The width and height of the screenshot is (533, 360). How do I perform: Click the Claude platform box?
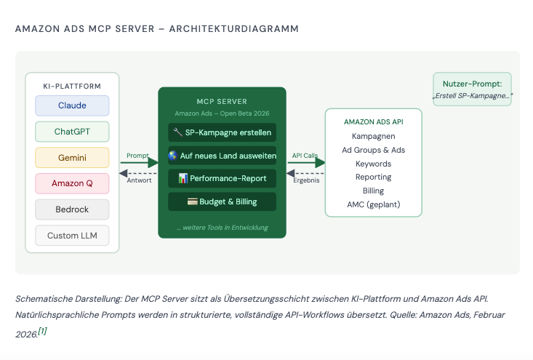[x=72, y=105]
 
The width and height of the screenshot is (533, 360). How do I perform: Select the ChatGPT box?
[x=72, y=132]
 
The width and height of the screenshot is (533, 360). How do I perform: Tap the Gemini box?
[x=72, y=158]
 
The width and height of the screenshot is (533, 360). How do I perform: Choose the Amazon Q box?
[x=72, y=183]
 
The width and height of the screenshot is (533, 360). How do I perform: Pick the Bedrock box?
[x=72, y=209]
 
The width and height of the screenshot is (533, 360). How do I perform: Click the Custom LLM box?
[x=72, y=236]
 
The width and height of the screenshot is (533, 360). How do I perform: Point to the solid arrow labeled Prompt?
[x=140, y=163]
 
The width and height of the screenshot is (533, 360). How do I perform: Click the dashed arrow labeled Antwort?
[x=138, y=174]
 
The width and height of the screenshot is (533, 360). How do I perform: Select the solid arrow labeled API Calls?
[x=306, y=163]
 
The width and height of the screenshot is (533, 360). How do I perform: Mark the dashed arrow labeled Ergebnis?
[x=305, y=174]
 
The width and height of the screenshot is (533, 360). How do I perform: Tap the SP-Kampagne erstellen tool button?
[x=222, y=132]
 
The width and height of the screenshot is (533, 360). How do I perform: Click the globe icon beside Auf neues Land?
[x=173, y=156]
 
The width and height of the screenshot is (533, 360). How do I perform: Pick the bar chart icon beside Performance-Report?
[x=183, y=178]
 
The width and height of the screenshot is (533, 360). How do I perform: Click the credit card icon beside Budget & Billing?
[x=193, y=201]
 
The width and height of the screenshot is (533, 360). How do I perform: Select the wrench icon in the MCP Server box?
[x=177, y=132]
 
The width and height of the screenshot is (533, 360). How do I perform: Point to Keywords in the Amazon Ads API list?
[x=373, y=164]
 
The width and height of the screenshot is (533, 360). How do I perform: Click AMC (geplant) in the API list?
[x=373, y=204]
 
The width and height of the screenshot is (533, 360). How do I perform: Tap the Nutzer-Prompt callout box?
[x=472, y=89]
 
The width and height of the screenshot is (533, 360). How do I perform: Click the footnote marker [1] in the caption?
[x=42, y=331]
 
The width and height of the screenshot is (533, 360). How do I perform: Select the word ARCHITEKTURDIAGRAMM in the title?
[x=234, y=29]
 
